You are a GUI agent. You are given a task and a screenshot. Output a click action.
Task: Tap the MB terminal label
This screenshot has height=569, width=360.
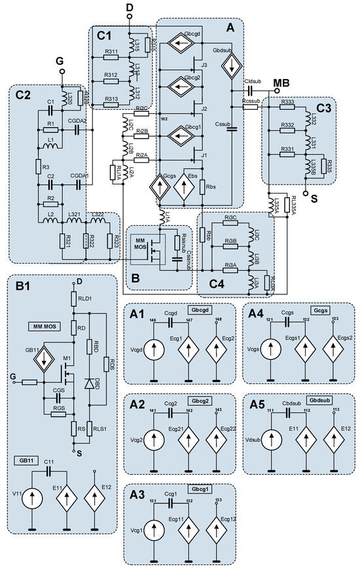point(281,82)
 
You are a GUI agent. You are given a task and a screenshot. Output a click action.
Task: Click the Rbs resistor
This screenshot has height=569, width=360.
point(203,186)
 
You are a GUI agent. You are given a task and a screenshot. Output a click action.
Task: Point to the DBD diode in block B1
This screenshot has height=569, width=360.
point(88,382)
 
